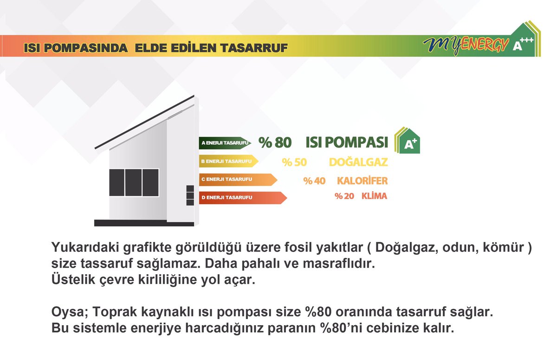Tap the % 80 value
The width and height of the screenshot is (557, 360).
click(275, 143)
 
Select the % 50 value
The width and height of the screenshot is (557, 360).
click(294, 162)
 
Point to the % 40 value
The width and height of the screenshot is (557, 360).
click(314, 180)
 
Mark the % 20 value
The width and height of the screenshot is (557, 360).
click(344, 196)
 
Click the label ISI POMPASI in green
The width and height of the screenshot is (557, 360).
click(347, 143)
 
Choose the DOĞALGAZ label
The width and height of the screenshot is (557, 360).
click(358, 162)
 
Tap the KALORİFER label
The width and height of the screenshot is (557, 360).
click(362, 180)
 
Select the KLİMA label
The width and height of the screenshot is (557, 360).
click(374, 196)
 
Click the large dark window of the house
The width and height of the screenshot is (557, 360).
click(134, 182)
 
